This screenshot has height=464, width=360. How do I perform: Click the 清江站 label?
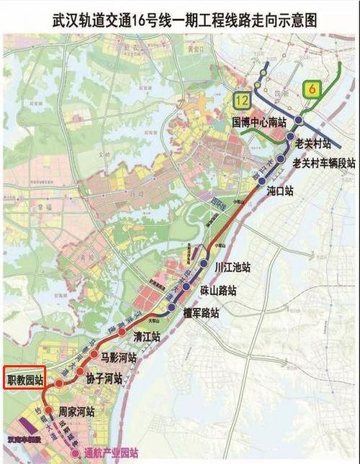146,336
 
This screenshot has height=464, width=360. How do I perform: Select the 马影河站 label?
118,356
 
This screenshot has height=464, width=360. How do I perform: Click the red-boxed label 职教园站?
25,378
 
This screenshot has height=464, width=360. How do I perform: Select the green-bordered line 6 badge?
311,89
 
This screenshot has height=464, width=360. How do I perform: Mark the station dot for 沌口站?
260,191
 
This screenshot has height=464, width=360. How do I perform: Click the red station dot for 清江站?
122,333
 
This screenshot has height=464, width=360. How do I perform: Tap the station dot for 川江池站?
204,264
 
